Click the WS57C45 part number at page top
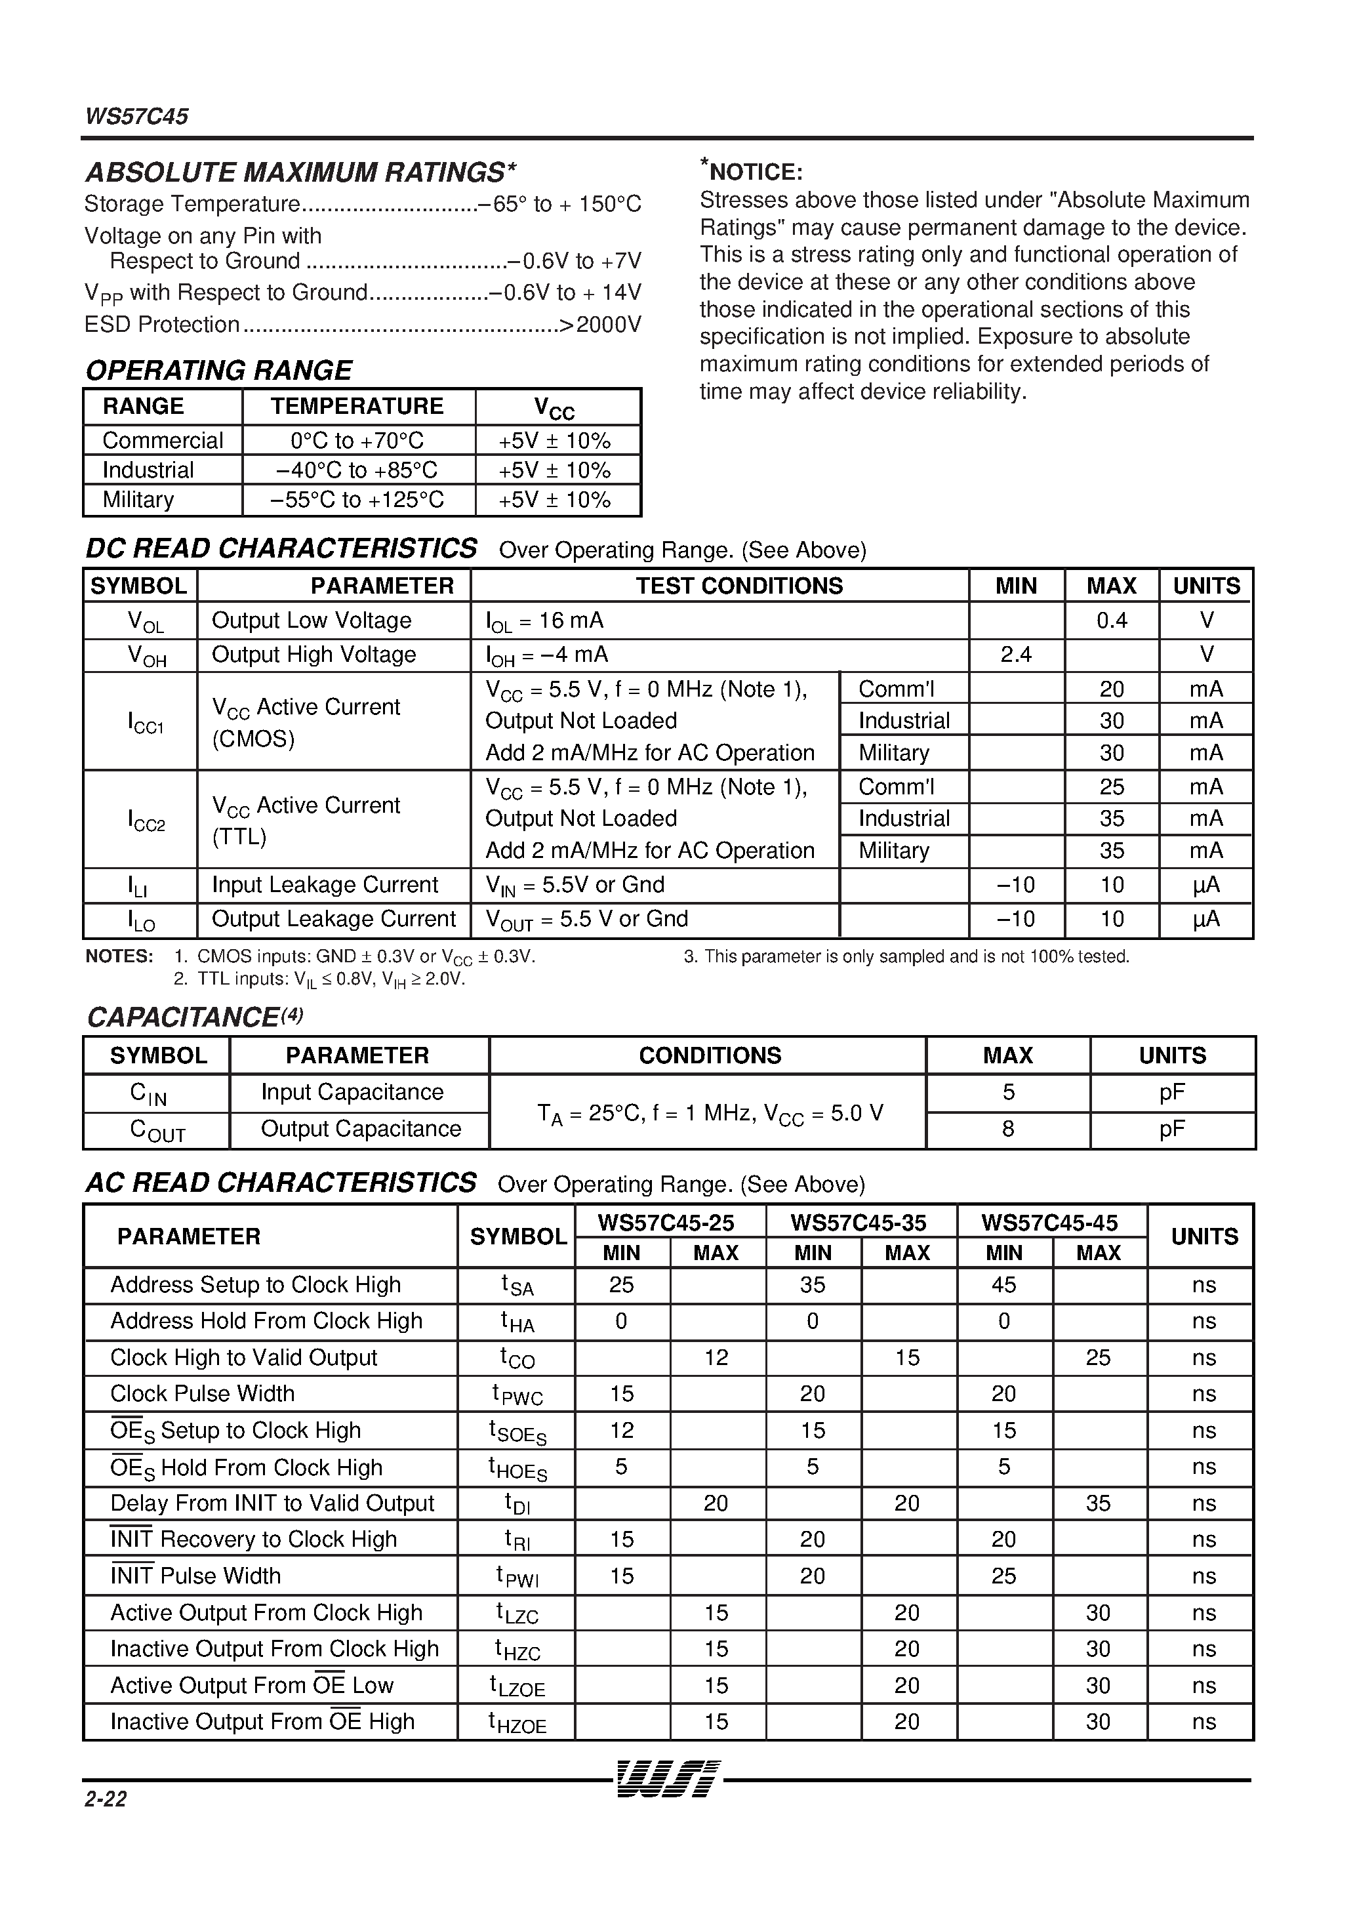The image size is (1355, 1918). pos(136,116)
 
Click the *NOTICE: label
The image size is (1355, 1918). pos(751,171)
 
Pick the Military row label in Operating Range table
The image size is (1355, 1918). pos(138,500)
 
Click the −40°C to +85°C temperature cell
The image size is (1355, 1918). pos(357,470)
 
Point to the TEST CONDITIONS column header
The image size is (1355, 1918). pos(738,586)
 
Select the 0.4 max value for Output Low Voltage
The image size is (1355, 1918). pos(1111,620)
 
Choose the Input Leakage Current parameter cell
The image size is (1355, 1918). pos(324,885)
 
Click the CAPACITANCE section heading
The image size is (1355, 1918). pos(194,1017)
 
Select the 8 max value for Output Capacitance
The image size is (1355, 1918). pos(1007,1129)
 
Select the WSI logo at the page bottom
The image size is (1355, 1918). pos(666,1780)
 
